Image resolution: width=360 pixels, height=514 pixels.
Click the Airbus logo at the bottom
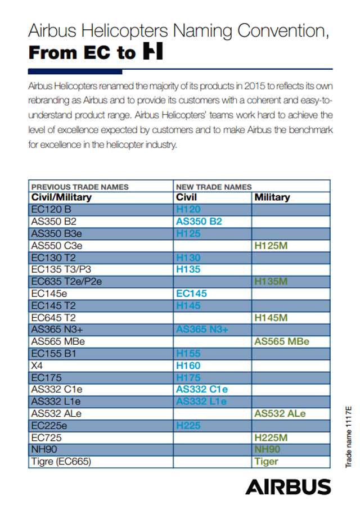click(x=288, y=486)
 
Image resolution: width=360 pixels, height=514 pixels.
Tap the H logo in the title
click(x=152, y=52)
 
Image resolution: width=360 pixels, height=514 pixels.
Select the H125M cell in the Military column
click(x=271, y=245)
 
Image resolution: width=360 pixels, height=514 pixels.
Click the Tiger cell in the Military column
click(x=266, y=462)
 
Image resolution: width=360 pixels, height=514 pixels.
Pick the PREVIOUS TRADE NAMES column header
click(x=80, y=187)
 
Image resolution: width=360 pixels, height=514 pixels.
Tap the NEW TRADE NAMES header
click(x=214, y=187)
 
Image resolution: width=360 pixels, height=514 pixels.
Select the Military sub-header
click(x=272, y=197)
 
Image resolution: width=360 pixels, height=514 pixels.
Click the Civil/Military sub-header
click(x=61, y=197)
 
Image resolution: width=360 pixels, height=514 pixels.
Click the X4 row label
click(x=37, y=366)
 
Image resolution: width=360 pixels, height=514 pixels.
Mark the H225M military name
click(x=271, y=438)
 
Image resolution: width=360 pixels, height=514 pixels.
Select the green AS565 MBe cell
click(x=281, y=341)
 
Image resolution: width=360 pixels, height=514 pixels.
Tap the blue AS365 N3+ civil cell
click(x=202, y=330)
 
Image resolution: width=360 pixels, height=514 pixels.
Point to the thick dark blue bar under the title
click(x=75, y=71)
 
